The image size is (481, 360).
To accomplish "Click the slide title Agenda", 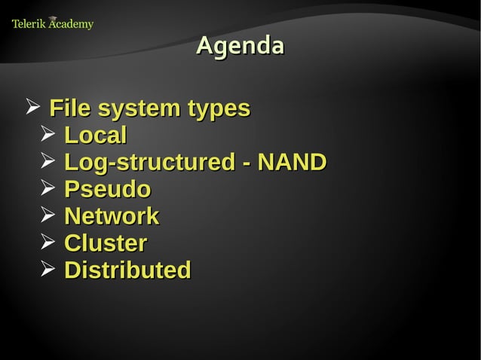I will pos(240,46).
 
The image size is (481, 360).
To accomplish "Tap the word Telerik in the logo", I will pos(29,24).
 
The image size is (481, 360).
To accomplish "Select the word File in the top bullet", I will pos(67,108).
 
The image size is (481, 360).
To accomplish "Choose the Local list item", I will pos(95,136).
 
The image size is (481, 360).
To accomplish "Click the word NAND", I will pos(292,162).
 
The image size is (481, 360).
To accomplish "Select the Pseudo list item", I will pos(107,189).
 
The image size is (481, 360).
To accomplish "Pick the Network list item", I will pos(112,216).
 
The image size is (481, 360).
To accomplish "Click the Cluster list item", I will pos(106,243).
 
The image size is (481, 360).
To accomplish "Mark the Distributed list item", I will pos(127,270).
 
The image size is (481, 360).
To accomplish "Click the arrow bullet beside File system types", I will pos(32,108).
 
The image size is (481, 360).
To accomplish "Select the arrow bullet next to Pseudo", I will pos(47,188).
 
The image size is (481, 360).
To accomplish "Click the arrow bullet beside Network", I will pos(47,215).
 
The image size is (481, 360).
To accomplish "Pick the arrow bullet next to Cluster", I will pos(47,243).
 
